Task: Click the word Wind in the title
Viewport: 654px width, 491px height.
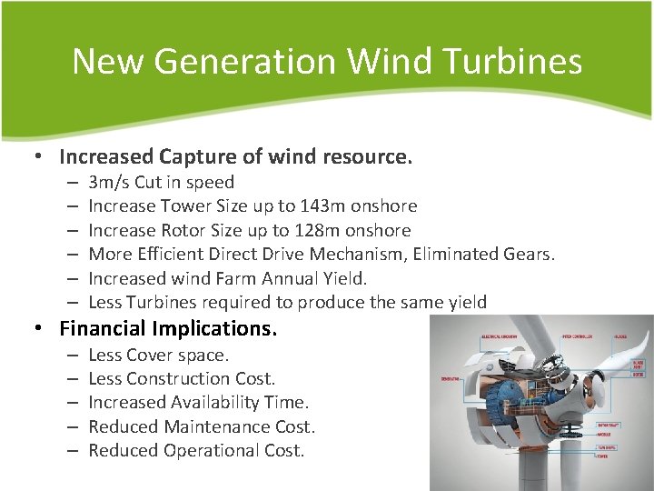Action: pyautogui.click(x=384, y=61)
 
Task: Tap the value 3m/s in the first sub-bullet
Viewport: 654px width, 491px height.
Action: pyautogui.click(x=109, y=182)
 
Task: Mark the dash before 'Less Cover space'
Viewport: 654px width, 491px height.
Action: pyautogui.click(x=71, y=355)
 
